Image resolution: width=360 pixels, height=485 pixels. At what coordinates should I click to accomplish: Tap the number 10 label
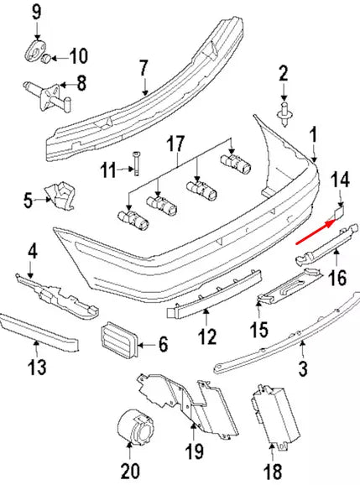[x=78, y=57]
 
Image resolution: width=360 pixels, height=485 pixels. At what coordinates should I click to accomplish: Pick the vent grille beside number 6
[x=117, y=341]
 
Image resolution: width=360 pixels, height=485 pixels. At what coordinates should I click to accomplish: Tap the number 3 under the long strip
[x=303, y=368]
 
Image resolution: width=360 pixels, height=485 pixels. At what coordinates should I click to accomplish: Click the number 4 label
[x=33, y=250]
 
